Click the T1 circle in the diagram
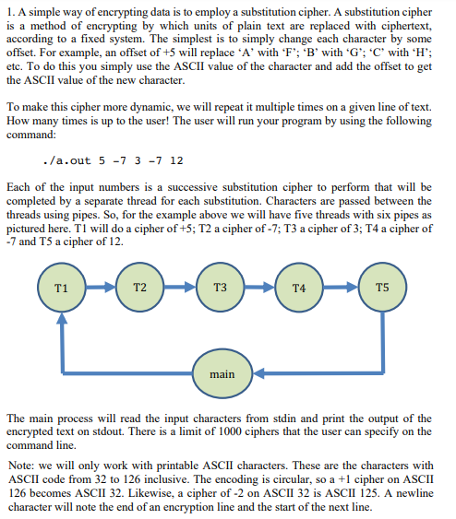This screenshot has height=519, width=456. tap(62, 287)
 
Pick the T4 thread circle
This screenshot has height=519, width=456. tap(300, 288)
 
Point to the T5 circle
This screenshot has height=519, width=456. tap(380, 287)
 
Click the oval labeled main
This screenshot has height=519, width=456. tap(222, 374)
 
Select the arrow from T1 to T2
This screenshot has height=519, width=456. tap(102, 287)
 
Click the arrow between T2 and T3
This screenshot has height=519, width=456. tap(181, 287)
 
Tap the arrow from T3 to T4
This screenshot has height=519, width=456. tap(260, 287)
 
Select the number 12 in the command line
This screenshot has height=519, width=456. tap(176, 160)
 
